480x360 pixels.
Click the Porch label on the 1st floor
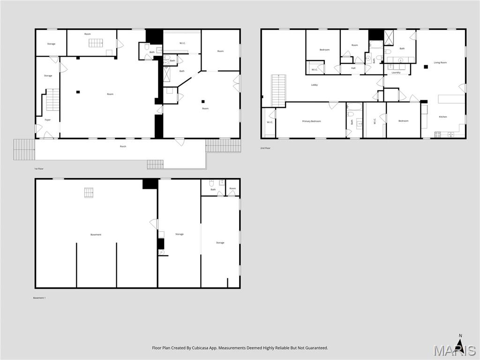pyautogui.click(x=123, y=146)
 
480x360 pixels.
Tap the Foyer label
pyautogui.click(x=48, y=120)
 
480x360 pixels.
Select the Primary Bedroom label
pyautogui.click(x=312, y=121)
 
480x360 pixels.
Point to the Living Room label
pyautogui.click(x=440, y=62)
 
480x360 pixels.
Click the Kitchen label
pyautogui.click(x=443, y=117)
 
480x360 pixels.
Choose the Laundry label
pyautogui.click(x=396, y=73)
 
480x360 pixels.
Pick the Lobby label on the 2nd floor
pyautogui.click(x=315, y=85)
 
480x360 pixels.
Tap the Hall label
pyautogui.click(x=353, y=68)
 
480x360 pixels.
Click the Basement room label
pyautogui.click(x=96, y=234)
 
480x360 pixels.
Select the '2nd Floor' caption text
pyautogui.click(x=265, y=148)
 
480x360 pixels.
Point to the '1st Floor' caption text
pyautogui.click(x=39, y=168)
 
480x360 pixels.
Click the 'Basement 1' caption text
pyautogui.click(x=39, y=298)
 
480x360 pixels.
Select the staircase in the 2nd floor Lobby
pyautogui.click(x=278, y=90)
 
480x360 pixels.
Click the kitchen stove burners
pyautogui.click(x=438, y=135)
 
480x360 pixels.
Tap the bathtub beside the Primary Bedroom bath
pyautogui.click(x=355, y=106)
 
